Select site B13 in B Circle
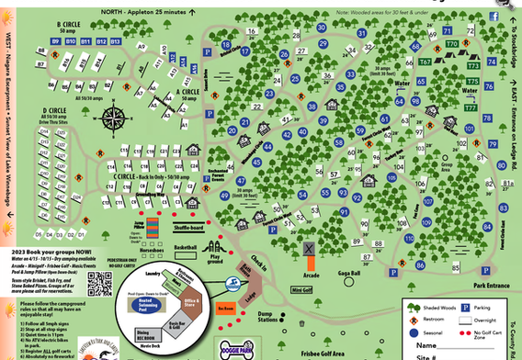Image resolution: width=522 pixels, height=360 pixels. point(115,42)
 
